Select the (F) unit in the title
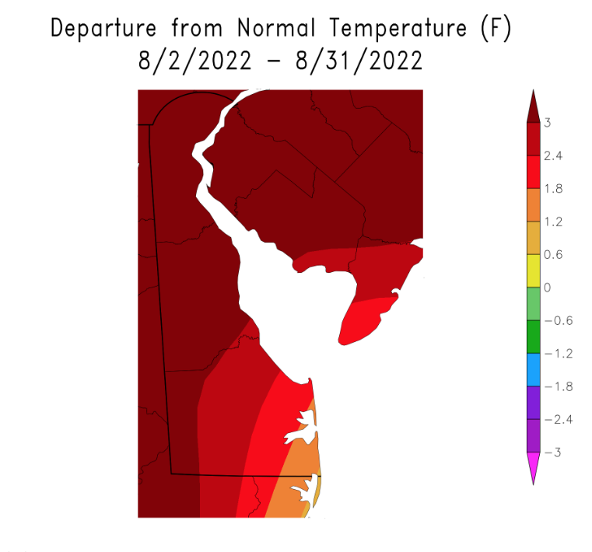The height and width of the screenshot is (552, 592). tap(499, 29)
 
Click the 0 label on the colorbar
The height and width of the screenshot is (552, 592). tap(548, 288)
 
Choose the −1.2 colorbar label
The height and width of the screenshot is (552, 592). tap(558, 354)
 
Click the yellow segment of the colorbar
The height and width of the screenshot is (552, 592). tap(534, 271)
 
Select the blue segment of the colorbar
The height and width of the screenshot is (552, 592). tap(534, 370)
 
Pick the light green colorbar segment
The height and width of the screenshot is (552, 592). tap(534, 304)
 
